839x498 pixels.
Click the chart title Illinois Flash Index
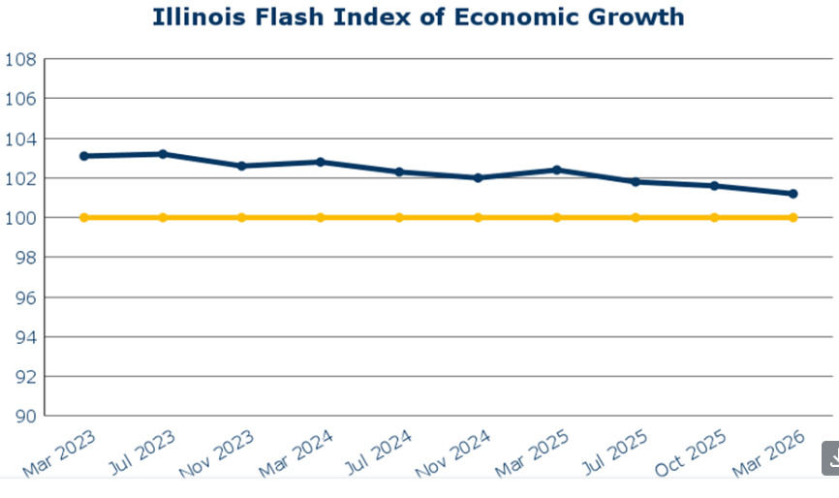click(419, 16)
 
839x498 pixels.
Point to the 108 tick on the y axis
click(20, 59)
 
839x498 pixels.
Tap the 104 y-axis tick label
click(20, 139)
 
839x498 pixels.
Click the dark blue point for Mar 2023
click(84, 156)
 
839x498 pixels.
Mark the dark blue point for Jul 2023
click(163, 154)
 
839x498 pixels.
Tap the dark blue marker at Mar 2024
click(321, 162)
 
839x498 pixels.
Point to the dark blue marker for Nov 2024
click(478, 178)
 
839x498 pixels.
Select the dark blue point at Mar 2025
click(557, 170)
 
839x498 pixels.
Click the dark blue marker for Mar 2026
click(793, 194)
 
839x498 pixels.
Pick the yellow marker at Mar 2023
click(84, 217)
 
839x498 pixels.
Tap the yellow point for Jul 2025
click(636, 217)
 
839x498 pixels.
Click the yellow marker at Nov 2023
click(241, 217)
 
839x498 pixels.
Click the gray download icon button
click(831, 459)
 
